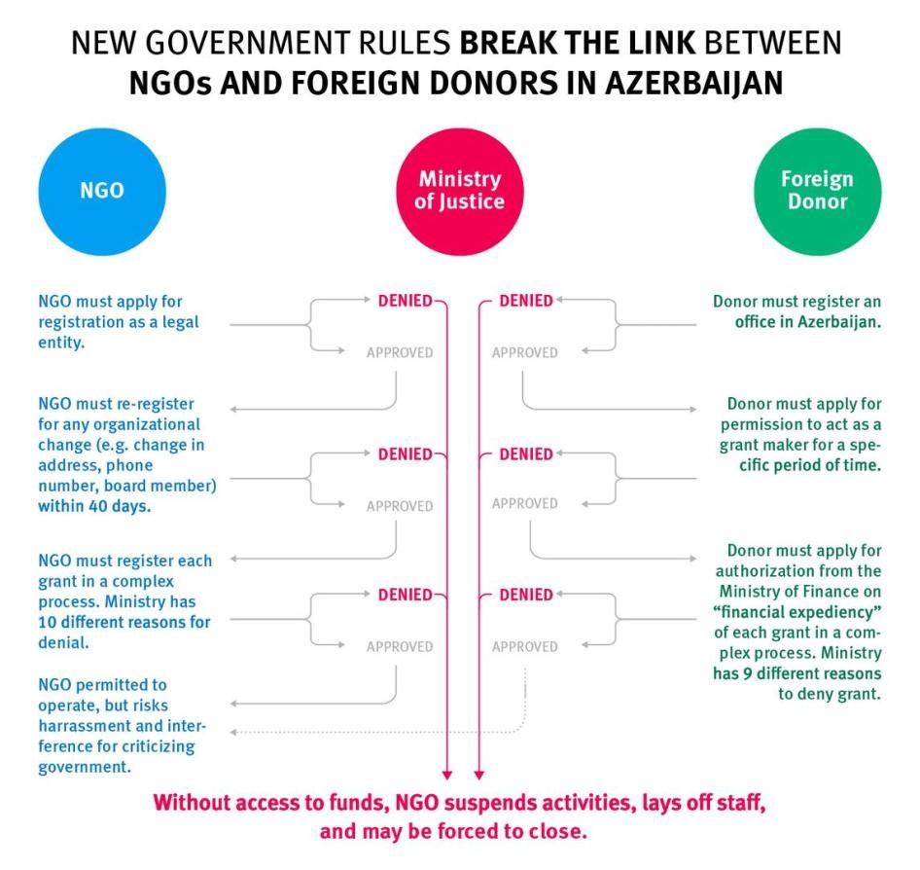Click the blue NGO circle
pos(102,191)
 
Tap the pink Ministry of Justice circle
pos(459,191)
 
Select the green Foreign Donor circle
pos(816,191)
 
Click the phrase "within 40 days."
pos(93,506)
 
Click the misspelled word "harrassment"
pos(81,726)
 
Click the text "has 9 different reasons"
pos(800,673)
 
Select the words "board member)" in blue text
pos(169,486)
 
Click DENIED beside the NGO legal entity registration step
pos(405,301)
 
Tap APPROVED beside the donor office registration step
pos(524,352)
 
